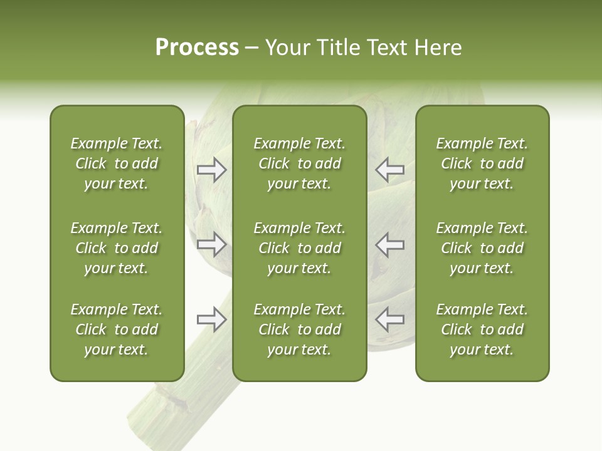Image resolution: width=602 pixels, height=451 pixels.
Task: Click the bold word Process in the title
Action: (x=197, y=48)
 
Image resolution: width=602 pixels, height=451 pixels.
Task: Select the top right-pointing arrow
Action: (x=211, y=170)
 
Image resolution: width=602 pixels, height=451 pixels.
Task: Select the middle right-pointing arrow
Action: (x=211, y=244)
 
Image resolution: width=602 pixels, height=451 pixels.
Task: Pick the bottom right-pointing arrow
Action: (x=211, y=319)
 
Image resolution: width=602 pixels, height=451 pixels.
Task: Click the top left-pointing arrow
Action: (x=389, y=170)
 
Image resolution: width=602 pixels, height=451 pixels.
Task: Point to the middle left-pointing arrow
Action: (x=389, y=244)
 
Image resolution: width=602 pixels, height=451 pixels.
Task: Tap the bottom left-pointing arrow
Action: (x=389, y=319)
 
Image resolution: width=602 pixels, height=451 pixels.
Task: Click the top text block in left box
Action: (x=117, y=163)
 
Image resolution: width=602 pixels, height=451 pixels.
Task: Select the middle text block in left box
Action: (x=117, y=248)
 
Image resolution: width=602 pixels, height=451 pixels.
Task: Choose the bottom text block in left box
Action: (x=117, y=329)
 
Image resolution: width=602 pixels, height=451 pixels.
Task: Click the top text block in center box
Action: (x=299, y=163)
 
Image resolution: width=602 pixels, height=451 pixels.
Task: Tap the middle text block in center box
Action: (x=299, y=248)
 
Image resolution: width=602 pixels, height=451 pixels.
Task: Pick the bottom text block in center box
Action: (x=299, y=329)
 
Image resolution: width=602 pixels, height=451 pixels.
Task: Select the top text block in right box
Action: (x=482, y=163)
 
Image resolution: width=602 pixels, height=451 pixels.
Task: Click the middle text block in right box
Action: (x=482, y=248)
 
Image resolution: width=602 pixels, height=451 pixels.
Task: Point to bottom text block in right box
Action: (x=482, y=329)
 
